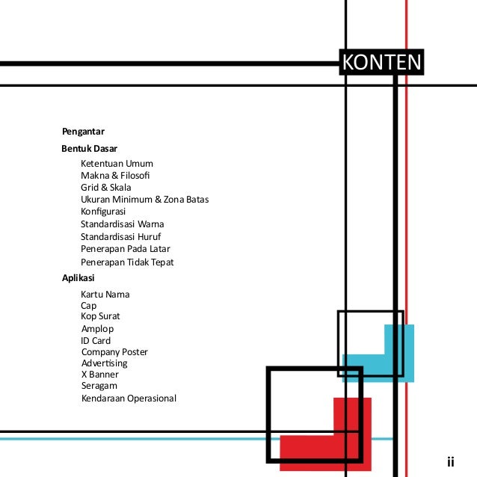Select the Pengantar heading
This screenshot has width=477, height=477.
(x=83, y=132)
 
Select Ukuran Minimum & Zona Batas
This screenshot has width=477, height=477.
(x=144, y=200)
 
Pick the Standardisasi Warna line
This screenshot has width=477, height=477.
(x=122, y=224)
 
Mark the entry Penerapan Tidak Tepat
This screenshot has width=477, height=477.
(x=127, y=262)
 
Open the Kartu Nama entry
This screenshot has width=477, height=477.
(x=105, y=295)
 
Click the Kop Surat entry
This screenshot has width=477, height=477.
(x=100, y=316)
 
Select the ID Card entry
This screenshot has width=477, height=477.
(x=96, y=341)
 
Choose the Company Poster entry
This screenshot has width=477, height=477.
(x=114, y=352)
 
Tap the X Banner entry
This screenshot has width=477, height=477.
(x=99, y=374)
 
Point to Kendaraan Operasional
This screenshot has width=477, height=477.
(x=129, y=398)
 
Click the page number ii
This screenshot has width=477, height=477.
(x=450, y=461)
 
